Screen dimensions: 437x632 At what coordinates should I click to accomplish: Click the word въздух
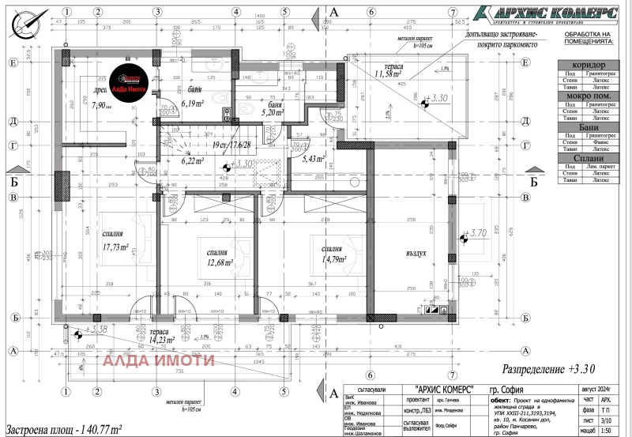[x=416, y=253]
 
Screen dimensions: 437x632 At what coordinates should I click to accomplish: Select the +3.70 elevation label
[x=476, y=233]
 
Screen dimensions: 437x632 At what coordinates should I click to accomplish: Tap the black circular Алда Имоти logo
[x=130, y=79]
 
